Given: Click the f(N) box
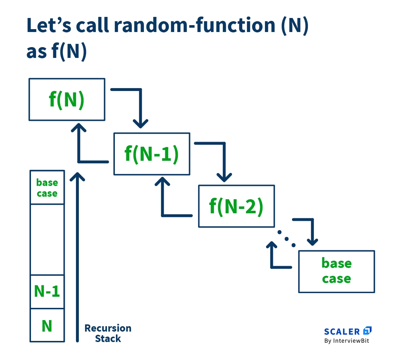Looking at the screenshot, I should point(67,100).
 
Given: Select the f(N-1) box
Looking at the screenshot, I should point(152,154).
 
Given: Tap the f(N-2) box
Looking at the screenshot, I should point(236,206).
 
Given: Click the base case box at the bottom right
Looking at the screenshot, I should point(336,271).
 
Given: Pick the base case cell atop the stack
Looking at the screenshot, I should point(47,188).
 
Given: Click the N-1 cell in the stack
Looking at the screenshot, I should point(47,292).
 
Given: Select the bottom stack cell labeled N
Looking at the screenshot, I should point(47,325).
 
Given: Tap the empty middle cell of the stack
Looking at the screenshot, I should point(47,240).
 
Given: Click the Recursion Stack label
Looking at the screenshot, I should point(108,333).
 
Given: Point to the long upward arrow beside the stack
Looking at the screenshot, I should point(77,259).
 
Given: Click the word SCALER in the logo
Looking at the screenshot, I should point(342,332).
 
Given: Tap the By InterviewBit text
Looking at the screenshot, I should point(347,341).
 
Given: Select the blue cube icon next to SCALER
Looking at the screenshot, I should point(367,331).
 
